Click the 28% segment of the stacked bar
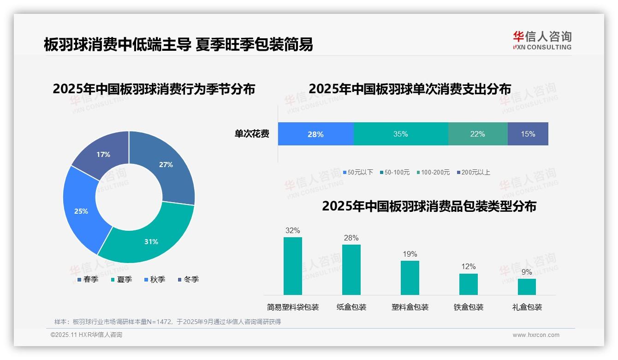pos(315,134)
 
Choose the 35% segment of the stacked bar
pos(401,134)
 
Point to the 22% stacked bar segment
pos(478,134)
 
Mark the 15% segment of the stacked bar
pos(528,134)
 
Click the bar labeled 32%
pos(292,266)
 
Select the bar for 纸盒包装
pos(351,270)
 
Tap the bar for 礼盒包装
pos(527,287)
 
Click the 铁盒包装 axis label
pos(469,307)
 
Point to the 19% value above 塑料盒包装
pos(410,254)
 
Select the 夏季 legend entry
pos(122,280)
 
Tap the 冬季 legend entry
pos(188,280)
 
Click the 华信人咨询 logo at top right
pos(542,40)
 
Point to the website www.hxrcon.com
pos(536,335)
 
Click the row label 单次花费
pos(252,134)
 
